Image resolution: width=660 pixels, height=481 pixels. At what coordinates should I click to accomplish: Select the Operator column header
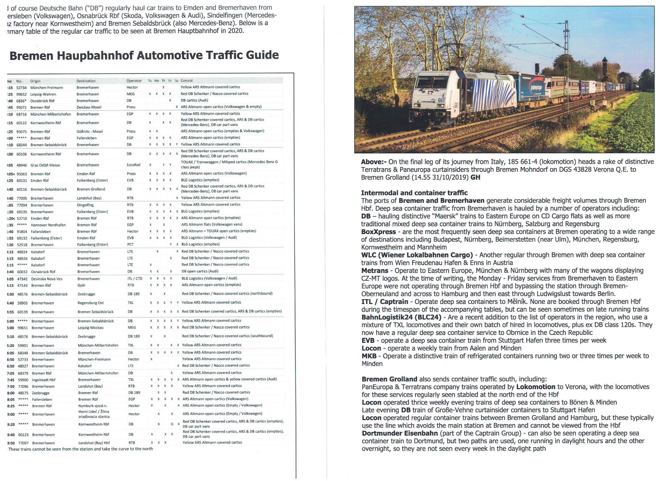click(x=134, y=81)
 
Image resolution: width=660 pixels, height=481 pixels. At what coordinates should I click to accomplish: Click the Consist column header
click(x=187, y=81)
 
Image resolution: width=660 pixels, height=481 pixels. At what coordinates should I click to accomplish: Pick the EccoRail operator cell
click(x=133, y=165)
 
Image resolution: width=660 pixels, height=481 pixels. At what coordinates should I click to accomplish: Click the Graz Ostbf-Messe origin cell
click(x=45, y=165)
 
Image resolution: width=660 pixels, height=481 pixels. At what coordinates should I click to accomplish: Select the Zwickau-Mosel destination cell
click(x=89, y=107)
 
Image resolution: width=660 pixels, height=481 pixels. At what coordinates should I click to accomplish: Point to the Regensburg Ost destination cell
click(x=91, y=303)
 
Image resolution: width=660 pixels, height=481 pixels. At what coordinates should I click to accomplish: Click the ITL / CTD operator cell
click(x=135, y=279)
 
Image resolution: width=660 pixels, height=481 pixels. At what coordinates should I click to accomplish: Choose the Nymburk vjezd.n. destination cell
click(x=93, y=406)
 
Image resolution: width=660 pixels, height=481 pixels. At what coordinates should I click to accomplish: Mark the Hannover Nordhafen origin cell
click(x=48, y=225)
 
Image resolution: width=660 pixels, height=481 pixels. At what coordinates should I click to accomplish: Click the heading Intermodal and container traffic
click(x=414, y=193)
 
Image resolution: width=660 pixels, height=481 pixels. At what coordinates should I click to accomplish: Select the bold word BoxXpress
click(x=378, y=232)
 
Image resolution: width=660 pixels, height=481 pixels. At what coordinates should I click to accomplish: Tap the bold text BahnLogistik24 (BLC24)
click(x=401, y=317)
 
